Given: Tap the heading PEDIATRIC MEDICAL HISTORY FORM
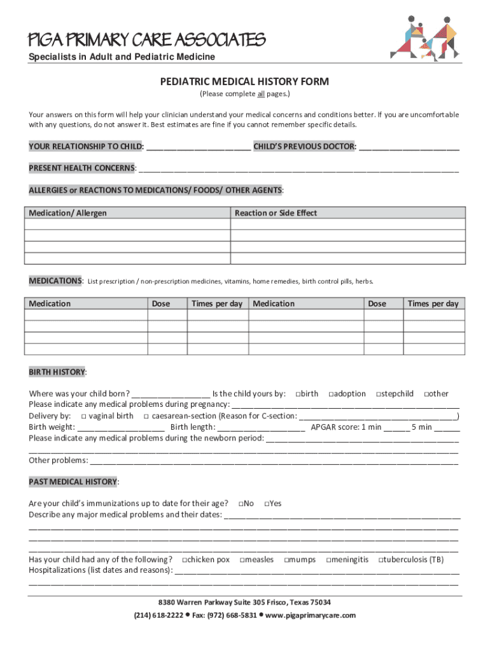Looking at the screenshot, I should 244,82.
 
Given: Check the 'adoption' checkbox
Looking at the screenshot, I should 332,394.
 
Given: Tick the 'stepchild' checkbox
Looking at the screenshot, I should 379,394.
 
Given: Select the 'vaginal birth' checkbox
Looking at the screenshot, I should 84,416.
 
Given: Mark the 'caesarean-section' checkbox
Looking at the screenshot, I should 146,416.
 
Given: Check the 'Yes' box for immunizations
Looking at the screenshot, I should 266,504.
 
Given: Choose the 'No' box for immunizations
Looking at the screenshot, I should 242,504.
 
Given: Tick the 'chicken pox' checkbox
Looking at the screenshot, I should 184,560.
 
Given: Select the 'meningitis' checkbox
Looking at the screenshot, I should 329,560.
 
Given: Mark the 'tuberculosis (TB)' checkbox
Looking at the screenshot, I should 381,560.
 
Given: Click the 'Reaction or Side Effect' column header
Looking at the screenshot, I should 276,213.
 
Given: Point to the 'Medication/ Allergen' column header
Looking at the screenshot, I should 68,213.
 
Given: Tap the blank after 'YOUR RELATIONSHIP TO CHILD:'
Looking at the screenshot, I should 198,147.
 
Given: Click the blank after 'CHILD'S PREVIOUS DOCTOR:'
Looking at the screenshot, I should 409,147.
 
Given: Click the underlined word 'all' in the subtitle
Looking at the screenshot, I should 261,94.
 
